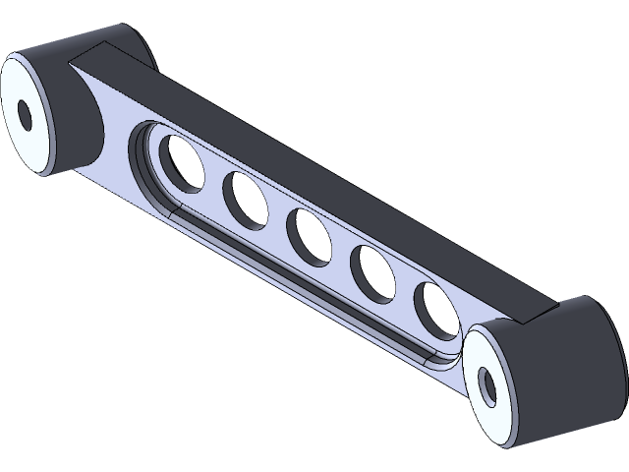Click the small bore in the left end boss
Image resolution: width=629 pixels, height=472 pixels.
click(x=25, y=117)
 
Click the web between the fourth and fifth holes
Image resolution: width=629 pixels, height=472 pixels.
click(x=405, y=292)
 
